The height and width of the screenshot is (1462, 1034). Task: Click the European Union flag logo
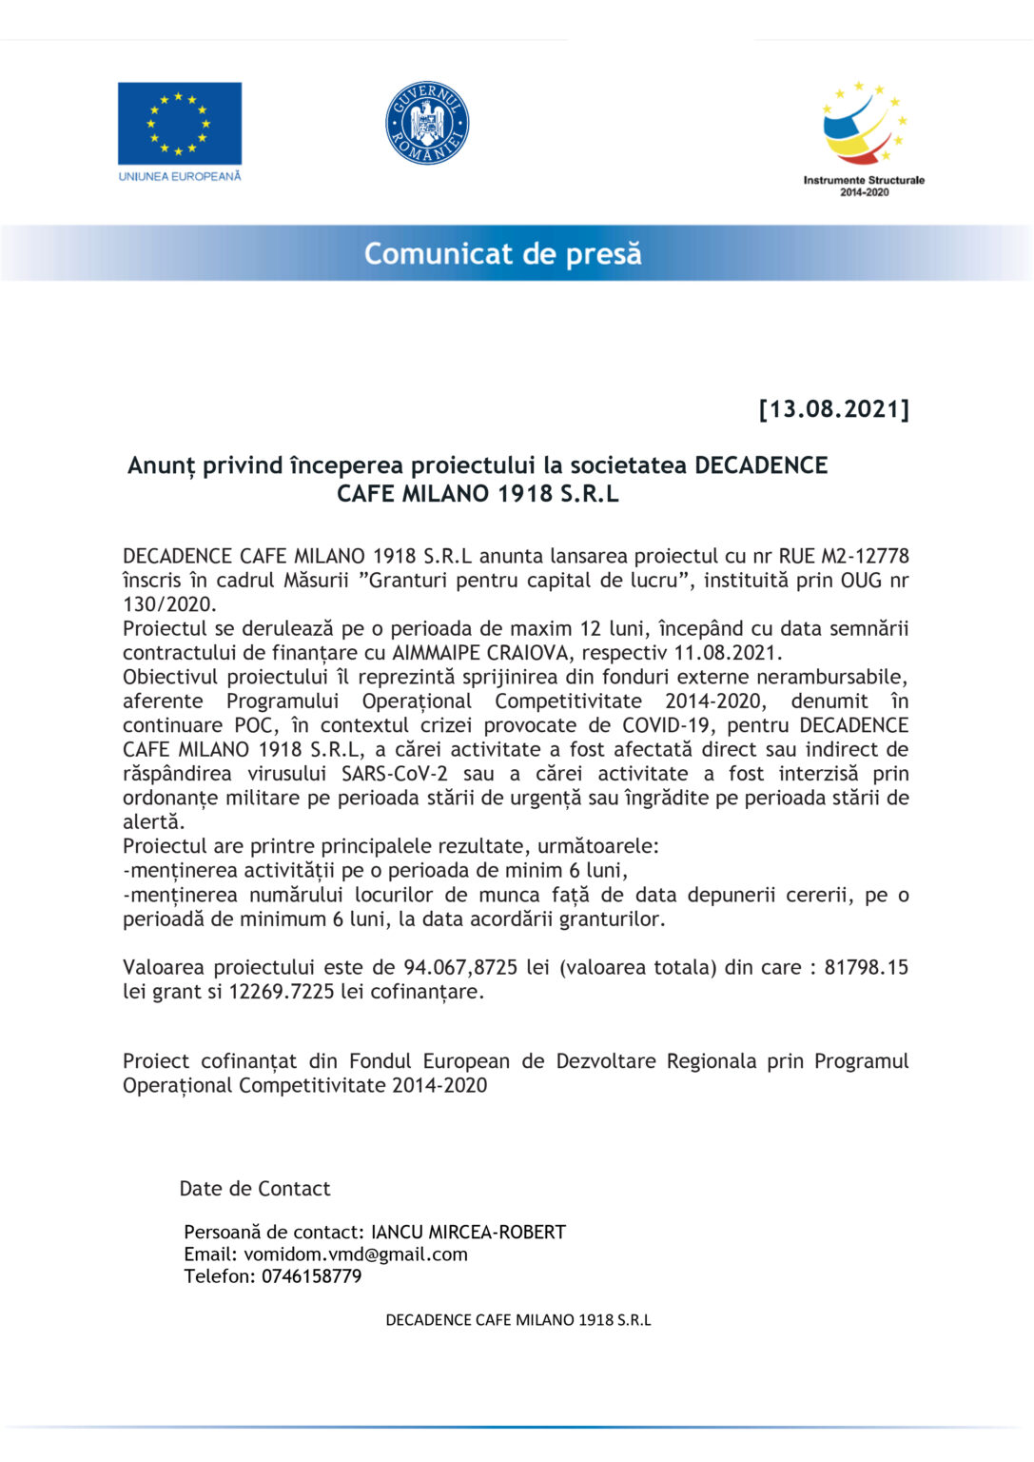[x=179, y=124]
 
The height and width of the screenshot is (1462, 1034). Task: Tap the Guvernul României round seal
[x=427, y=124]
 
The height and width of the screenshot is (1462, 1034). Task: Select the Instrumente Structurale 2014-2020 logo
[x=864, y=138]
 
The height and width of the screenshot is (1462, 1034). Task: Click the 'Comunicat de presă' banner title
[x=502, y=254]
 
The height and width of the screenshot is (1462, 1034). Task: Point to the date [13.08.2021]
[x=833, y=409]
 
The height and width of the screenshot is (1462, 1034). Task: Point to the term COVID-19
[x=666, y=725]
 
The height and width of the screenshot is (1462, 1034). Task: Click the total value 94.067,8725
[x=460, y=967]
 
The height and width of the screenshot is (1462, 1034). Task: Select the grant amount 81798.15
[x=866, y=967]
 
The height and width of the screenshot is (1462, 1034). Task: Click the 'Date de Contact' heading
[x=255, y=1189]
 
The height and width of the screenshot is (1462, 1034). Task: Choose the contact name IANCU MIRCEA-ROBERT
[x=468, y=1233]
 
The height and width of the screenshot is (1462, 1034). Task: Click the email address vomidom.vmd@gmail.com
[x=356, y=1255]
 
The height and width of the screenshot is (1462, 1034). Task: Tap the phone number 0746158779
[x=311, y=1276]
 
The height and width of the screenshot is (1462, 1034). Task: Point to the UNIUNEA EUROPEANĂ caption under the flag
[x=179, y=176]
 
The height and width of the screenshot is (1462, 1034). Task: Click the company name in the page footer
[x=518, y=1320]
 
